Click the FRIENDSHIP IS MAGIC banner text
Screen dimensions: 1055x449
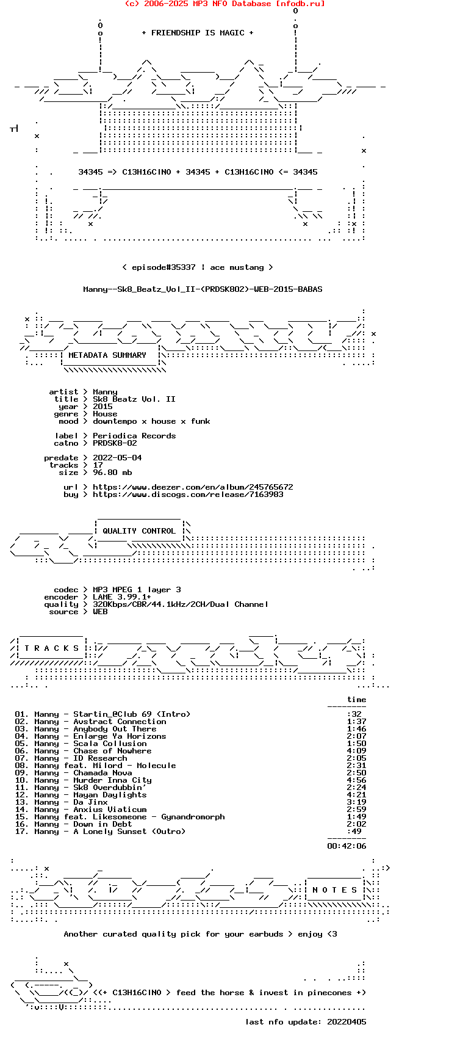tap(198, 33)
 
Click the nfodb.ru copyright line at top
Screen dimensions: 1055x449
tap(224, 4)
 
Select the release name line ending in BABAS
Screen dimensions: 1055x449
tap(203, 289)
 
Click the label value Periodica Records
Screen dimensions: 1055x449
tap(134, 436)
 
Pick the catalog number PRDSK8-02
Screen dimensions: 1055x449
tap(115, 443)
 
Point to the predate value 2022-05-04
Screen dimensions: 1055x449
tap(117, 458)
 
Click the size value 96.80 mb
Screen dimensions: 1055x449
tap(112, 473)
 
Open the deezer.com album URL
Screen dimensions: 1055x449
tap(193, 487)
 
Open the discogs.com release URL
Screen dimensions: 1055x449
tap(188, 495)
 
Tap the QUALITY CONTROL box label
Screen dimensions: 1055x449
tap(139, 531)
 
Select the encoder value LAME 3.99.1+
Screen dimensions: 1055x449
tap(122, 597)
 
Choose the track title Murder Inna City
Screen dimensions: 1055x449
tap(112, 780)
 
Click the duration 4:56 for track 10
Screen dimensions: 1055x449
tap(356, 780)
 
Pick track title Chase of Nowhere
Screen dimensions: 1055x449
tap(112, 751)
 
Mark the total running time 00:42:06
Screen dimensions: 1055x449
tap(347, 846)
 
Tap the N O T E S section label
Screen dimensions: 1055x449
tap(334, 890)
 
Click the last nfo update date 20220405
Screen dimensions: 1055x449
tap(347, 1022)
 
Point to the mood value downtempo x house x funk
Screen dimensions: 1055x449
tap(151, 421)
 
